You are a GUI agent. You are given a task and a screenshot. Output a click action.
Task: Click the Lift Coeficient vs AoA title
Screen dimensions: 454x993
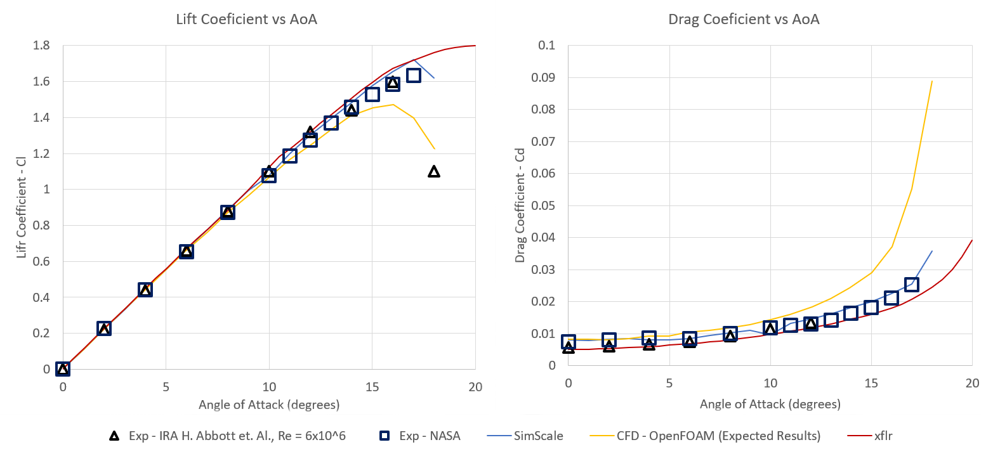click(246, 20)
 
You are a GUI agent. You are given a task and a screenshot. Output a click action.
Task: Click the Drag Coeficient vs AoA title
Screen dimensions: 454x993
click(744, 20)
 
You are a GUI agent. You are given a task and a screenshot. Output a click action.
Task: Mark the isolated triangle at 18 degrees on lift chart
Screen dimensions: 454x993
click(434, 171)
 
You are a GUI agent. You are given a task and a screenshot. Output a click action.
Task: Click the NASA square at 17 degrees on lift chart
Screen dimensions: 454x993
click(413, 75)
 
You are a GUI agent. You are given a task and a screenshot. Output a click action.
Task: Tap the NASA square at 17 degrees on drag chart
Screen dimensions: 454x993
click(912, 284)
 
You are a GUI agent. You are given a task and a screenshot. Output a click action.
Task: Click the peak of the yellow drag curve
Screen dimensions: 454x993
click(932, 81)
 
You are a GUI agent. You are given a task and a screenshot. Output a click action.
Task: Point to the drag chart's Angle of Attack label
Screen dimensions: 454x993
click(770, 404)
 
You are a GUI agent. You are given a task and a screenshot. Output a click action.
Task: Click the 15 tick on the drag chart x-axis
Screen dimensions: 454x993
click(871, 384)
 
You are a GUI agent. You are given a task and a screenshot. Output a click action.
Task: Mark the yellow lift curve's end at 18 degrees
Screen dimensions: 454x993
click(434, 149)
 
